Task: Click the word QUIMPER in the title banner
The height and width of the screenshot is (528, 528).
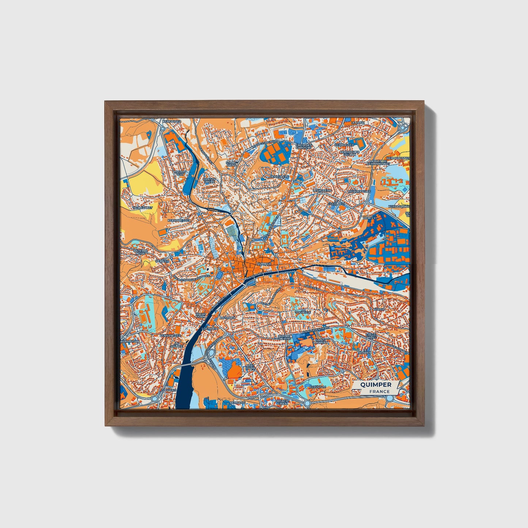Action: tap(375, 384)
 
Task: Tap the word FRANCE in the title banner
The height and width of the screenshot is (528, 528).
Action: tap(379, 391)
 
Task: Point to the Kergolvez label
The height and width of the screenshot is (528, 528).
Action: tap(171, 121)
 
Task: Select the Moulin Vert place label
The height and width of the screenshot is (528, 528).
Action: tap(180, 173)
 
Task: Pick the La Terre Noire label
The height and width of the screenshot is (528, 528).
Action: tap(140, 252)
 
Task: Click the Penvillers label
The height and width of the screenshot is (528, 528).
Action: tap(279, 177)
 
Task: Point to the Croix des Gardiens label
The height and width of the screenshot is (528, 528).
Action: tap(304, 146)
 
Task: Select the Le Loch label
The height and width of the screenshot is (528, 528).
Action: tap(358, 123)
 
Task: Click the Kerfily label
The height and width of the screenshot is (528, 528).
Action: tap(369, 218)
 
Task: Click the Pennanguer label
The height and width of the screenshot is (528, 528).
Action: tap(170, 335)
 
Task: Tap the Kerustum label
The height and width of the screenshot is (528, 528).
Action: tap(316, 386)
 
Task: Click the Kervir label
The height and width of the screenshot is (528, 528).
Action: tap(379, 309)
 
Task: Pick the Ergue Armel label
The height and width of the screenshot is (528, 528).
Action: tap(371, 336)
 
